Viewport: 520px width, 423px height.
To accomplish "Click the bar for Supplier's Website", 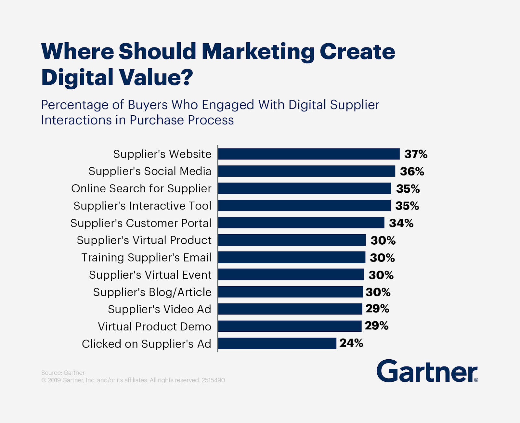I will click(x=309, y=154).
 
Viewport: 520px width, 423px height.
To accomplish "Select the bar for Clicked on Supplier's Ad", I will click(x=277, y=343).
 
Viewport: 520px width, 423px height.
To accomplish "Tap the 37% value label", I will click(x=416, y=154).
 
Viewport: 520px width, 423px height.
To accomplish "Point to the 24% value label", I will click(x=351, y=343).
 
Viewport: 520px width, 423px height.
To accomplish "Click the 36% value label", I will click(x=412, y=172).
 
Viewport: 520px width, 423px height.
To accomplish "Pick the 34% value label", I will click(x=401, y=223).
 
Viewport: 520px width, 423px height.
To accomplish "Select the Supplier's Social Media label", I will click(x=150, y=171).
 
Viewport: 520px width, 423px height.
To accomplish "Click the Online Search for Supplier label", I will click(x=141, y=188).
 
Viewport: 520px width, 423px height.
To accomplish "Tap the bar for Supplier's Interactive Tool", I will click(x=304, y=206).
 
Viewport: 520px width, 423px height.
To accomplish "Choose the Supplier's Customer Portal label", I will click(x=141, y=223).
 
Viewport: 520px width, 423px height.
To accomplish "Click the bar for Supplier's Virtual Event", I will click(x=291, y=275).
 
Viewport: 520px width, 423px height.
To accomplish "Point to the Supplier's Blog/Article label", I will click(x=152, y=292).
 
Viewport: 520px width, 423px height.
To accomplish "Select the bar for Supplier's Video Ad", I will click(x=290, y=309).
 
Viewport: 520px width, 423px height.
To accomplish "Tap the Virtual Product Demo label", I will click(x=154, y=327).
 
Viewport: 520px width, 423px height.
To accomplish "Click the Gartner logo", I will click(x=427, y=371).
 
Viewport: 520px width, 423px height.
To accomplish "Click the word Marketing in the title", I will click(x=258, y=52).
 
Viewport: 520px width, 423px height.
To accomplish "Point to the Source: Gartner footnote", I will click(x=63, y=373).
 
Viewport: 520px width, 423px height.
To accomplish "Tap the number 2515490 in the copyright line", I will click(x=213, y=380).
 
